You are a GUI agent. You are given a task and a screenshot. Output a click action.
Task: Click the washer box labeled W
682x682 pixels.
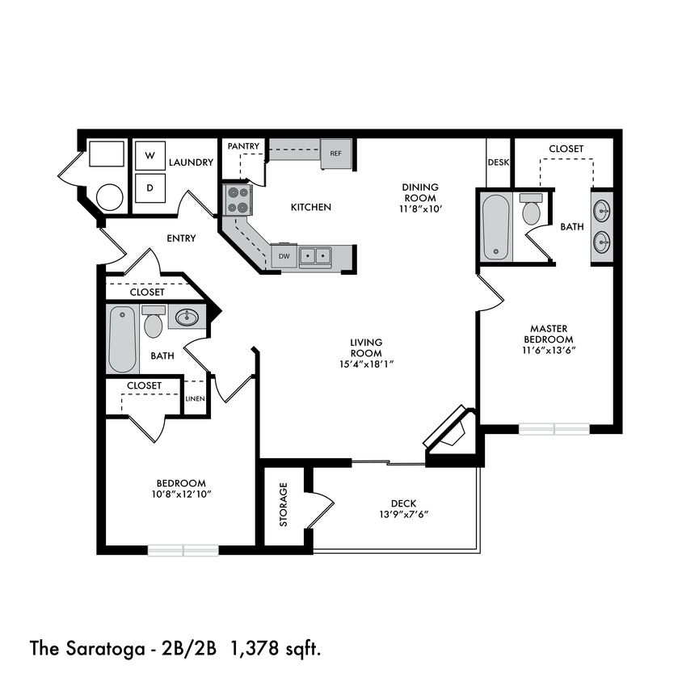tap(149, 154)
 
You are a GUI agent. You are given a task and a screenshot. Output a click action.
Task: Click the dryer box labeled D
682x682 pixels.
tap(149, 187)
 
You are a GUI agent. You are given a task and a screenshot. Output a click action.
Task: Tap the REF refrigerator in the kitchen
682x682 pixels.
tap(335, 154)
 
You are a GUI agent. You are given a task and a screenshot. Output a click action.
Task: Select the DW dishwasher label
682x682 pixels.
tap(284, 257)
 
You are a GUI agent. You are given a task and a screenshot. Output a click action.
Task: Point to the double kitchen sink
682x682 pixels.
tap(316, 257)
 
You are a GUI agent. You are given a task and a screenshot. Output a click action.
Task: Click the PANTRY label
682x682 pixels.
tap(243, 146)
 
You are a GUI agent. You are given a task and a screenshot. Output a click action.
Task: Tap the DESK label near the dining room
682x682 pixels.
tap(499, 162)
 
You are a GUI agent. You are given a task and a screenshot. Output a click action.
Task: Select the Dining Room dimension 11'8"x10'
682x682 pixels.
tap(419, 208)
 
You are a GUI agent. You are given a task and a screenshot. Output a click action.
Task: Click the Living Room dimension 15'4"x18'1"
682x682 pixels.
tap(366, 364)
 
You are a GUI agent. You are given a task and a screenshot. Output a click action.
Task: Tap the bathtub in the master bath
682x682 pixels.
tap(495, 227)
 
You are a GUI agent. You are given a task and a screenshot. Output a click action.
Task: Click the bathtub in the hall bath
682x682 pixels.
tap(123, 339)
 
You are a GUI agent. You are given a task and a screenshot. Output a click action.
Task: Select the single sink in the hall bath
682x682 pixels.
tap(188, 316)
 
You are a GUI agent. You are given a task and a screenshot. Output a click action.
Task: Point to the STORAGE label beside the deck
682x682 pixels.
tap(284, 505)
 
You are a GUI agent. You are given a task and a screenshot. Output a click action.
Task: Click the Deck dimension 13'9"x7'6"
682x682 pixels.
tap(396, 514)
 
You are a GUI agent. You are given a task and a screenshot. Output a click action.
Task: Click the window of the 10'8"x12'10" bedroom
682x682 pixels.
tap(183, 550)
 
